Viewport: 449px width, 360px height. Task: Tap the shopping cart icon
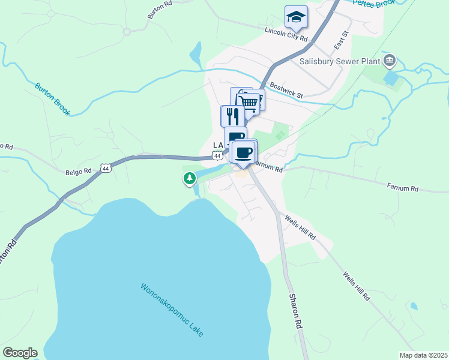point(249,103)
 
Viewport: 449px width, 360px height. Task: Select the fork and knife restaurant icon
point(232,116)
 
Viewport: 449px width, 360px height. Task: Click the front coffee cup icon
point(244,153)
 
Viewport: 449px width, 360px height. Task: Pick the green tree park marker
point(190,178)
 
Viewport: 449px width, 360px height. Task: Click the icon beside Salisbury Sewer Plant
point(390,61)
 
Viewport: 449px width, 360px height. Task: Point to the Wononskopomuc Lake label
point(172,310)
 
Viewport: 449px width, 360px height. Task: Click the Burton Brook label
point(53,99)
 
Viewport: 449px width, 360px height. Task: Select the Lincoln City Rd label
point(286,34)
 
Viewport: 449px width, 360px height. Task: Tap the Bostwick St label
point(287,90)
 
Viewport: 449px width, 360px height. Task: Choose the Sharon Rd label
point(294,310)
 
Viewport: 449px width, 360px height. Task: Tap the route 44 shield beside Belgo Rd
point(106,168)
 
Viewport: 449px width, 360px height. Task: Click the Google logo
point(20,353)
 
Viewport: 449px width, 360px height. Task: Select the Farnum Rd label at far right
point(402,188)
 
